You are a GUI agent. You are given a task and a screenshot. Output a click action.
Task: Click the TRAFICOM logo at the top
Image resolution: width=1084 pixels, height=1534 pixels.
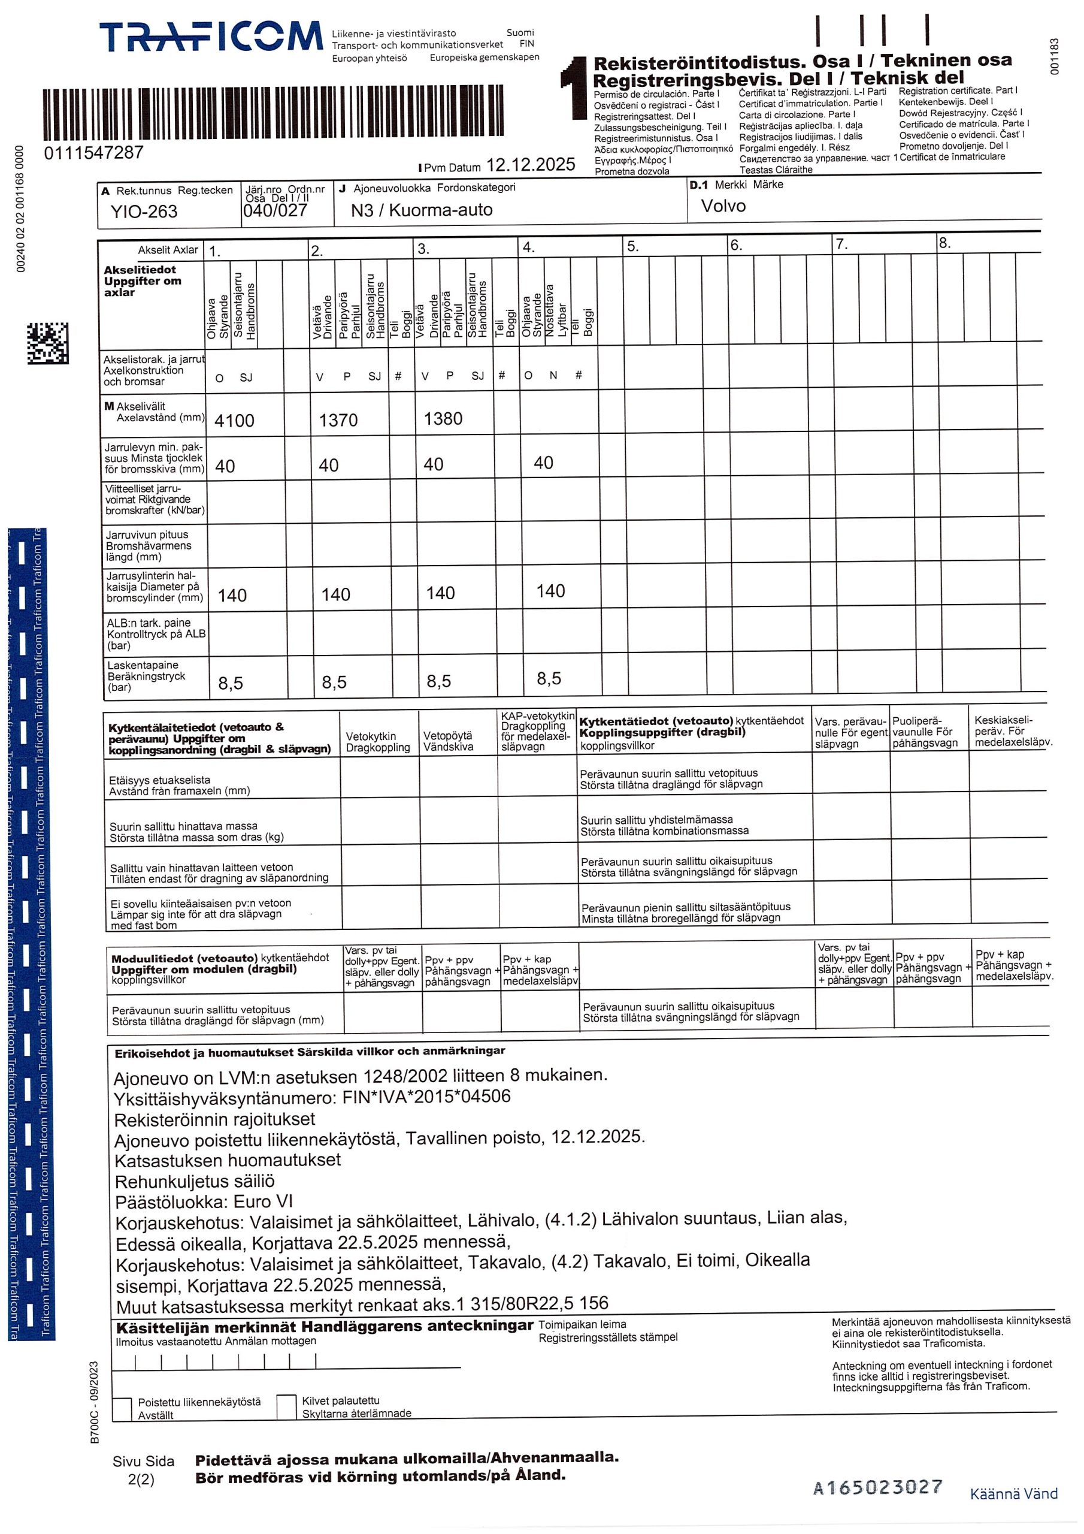[210, 36]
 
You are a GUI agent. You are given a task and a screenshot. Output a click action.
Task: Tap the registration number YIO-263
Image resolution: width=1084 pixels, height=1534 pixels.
[144, 212]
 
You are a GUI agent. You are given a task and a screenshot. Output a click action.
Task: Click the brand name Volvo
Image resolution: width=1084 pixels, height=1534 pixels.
[723, 206]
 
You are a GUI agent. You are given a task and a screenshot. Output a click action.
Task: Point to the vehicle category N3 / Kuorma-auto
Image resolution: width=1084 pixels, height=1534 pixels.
[422, 210]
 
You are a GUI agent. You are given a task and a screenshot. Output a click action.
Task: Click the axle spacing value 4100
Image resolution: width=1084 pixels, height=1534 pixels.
[234, 421]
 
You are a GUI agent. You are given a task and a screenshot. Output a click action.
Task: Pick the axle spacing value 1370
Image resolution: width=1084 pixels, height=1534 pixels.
[338, 420]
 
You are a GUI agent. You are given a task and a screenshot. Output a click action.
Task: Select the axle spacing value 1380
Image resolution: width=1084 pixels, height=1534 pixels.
[443, 419]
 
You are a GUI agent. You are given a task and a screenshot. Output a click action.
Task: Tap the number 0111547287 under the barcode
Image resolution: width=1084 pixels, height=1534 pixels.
[93, 153]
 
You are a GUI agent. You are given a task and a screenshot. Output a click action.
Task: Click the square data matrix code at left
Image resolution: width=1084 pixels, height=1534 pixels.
[47, 343]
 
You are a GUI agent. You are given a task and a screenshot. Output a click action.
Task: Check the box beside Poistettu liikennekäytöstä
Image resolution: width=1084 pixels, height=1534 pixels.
[122, 1409]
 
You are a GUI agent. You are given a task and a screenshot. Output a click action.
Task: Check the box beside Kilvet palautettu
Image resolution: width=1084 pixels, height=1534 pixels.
[286, 1406]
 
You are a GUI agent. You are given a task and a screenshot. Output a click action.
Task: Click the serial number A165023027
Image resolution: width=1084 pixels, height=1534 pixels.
[877, 1487]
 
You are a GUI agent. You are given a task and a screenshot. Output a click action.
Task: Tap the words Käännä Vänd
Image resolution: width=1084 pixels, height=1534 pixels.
[1013, 1494]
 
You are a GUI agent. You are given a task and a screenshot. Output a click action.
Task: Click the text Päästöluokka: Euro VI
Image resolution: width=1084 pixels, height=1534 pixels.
[204, 1202]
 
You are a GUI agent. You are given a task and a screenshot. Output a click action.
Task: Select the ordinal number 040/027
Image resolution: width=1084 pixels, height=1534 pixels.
[275, 211]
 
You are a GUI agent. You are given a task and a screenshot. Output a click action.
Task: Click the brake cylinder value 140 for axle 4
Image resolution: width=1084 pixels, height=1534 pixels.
[550, 591]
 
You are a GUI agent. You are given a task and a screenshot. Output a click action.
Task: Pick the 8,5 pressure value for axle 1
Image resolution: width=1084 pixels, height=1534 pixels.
[231, 684]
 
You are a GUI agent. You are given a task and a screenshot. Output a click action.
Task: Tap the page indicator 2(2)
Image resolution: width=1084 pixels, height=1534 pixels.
[141, 1480]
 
